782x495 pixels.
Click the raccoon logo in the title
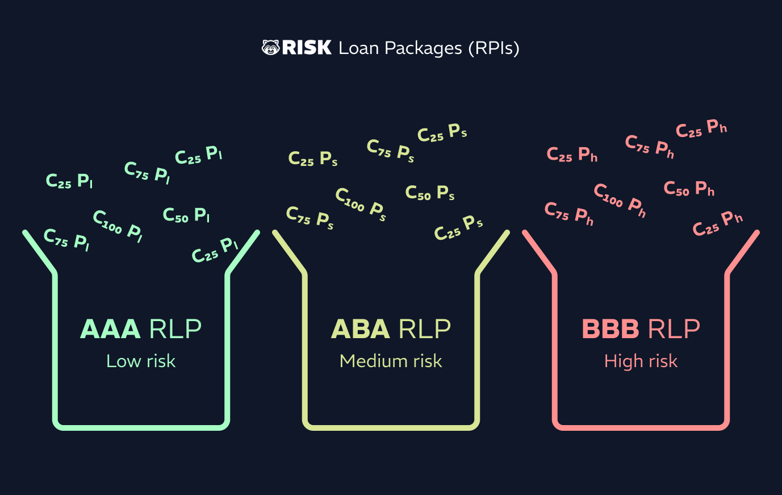click(x=270, y=47)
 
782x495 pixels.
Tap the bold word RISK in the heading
click(x=307, y=47)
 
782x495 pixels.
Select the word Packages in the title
click(x=423, y=49)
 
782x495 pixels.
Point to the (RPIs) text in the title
click(x=494, y=48)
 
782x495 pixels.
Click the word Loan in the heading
click(x=359, y=48)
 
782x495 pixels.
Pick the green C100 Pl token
click(x=118, y=226)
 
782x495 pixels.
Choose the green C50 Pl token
click(x=186, y=215)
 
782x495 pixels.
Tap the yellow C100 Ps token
click(x=361, y=205)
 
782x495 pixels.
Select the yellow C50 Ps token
click(x=430, y=193)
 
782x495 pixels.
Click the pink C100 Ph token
click(x=620, y=201)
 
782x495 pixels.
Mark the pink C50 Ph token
click(x=689, y=189)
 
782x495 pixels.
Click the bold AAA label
click(x=110, y=329)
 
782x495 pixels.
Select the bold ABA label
click(x=360, y=329)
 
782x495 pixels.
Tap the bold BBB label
click(x=610, y=329)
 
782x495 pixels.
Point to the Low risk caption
click(x=141, y=361)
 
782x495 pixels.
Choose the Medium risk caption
click(x=391, y=361)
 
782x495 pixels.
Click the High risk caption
click(x=641, y=361)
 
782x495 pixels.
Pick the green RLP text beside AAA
click(x=175, y=329)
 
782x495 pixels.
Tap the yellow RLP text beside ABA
click(x=425, y=329)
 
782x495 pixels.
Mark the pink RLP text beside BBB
click(x=674, y=329)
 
